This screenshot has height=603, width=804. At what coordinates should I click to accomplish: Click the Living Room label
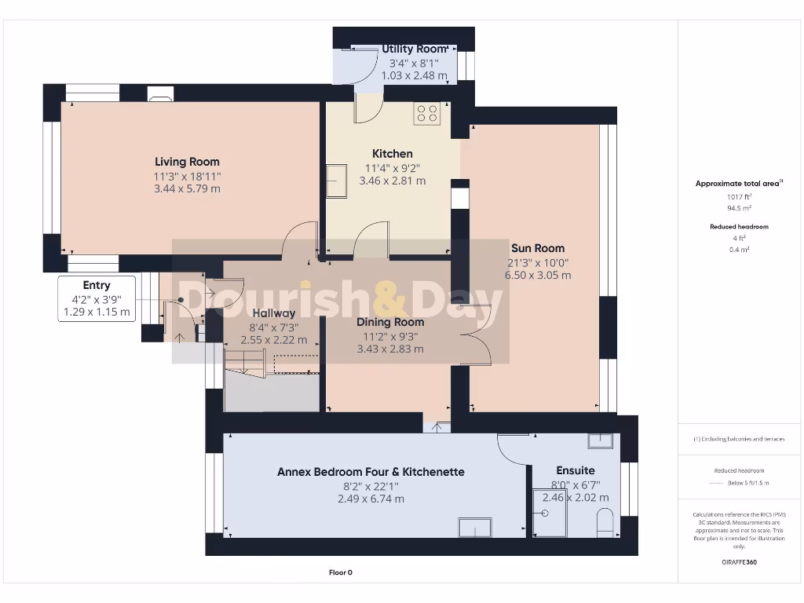[187, 162]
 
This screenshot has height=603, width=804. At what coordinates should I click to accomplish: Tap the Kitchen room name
[393, 153]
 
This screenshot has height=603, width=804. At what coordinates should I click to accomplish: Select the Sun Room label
[538, 248]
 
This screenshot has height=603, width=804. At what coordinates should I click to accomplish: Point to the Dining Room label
[390, 322]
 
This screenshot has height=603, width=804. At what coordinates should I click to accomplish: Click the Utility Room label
[414, 49]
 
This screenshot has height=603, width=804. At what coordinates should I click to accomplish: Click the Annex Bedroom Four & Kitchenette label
[371, 472]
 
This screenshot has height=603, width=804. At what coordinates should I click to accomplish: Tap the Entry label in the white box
[97, 286]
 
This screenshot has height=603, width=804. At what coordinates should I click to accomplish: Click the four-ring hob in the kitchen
[427, 113]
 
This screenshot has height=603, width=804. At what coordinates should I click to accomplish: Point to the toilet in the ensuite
[605, 523]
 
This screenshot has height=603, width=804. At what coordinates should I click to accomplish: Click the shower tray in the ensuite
[549, 513]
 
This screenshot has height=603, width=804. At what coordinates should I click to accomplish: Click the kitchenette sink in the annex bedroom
[475, 528]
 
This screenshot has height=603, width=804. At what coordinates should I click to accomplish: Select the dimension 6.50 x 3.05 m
[538, 276]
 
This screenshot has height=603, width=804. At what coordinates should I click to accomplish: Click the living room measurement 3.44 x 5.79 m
[187, 188]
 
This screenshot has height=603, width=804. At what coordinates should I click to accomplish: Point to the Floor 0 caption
[340, 572]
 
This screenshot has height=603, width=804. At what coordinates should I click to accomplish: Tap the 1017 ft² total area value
[740, 197]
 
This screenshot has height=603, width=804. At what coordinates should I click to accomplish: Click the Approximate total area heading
[738, 183]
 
